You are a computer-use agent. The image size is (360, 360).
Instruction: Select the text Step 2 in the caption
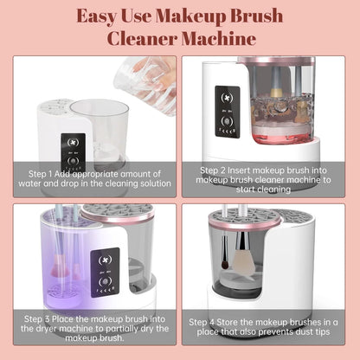click(x=216, y=170)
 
